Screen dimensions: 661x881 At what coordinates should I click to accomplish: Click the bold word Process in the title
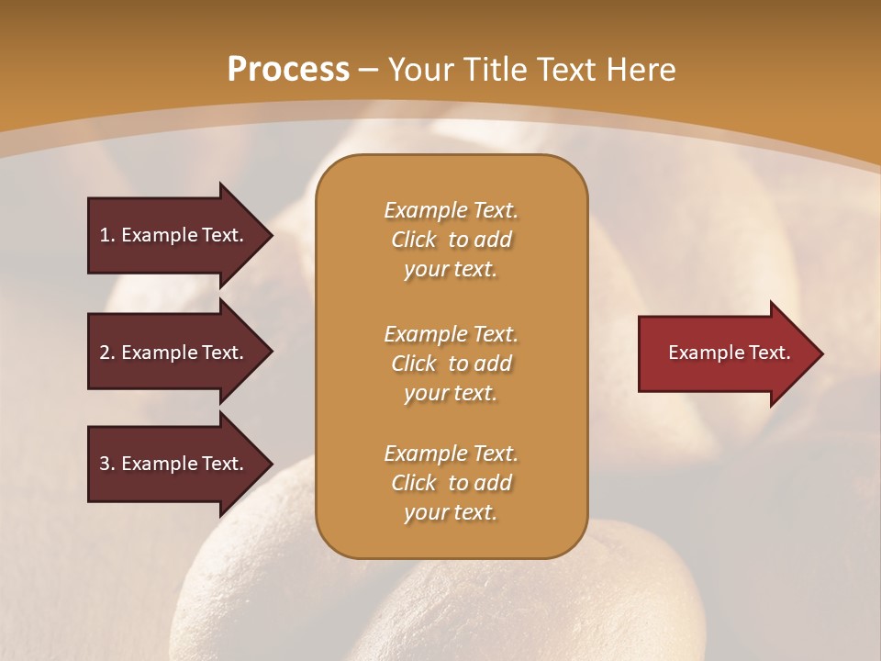[x=288, y=70]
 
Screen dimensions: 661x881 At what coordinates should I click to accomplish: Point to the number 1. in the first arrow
[x=107, y=235]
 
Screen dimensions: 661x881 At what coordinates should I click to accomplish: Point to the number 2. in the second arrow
[x=107, y=353]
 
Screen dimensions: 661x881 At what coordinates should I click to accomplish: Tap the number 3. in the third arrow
[x=107, y=464]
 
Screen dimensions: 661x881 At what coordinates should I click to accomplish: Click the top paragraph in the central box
[x=451, y=240]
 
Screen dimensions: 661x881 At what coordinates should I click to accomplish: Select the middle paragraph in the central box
[x=451, y=364]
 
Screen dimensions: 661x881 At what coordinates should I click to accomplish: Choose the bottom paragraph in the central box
[x=451, y=483]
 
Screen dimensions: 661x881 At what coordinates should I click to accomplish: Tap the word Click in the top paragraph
[x=413, y=240]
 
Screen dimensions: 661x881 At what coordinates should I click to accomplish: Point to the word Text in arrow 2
[x=223, y=353]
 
